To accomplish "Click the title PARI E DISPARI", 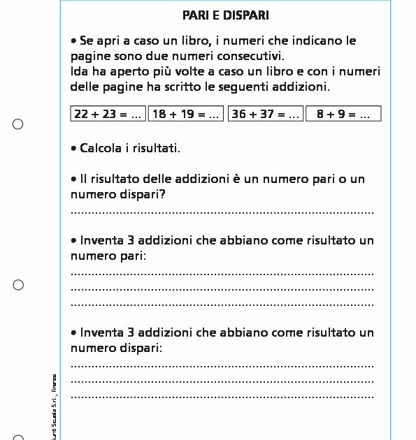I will tap(225, 15).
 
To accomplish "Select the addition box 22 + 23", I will tap(108, 114).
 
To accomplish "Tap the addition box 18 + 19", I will tap(185, 114).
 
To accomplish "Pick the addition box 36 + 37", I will tap(265, 114).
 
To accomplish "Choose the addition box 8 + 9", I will tap(343, 114).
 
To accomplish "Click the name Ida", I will tap(79, 72).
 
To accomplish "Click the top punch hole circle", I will tap(18, 124).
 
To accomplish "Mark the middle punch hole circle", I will tap(18, 285).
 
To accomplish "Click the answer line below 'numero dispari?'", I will tap(222, 212).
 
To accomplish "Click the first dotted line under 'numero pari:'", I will tap(222, 273).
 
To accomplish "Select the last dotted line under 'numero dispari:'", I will tap(222, 396).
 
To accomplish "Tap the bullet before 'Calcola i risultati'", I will tap(73, 148).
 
